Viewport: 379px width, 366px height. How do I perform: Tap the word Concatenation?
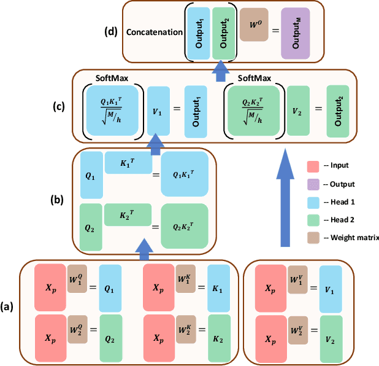click(153, 31)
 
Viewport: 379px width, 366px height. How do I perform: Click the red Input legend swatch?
click(313, 165)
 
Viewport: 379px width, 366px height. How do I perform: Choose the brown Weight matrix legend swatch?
click(313, 237)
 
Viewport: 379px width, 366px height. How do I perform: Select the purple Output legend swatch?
click(313, 183)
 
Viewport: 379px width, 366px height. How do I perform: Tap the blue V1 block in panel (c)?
click(159, 111)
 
